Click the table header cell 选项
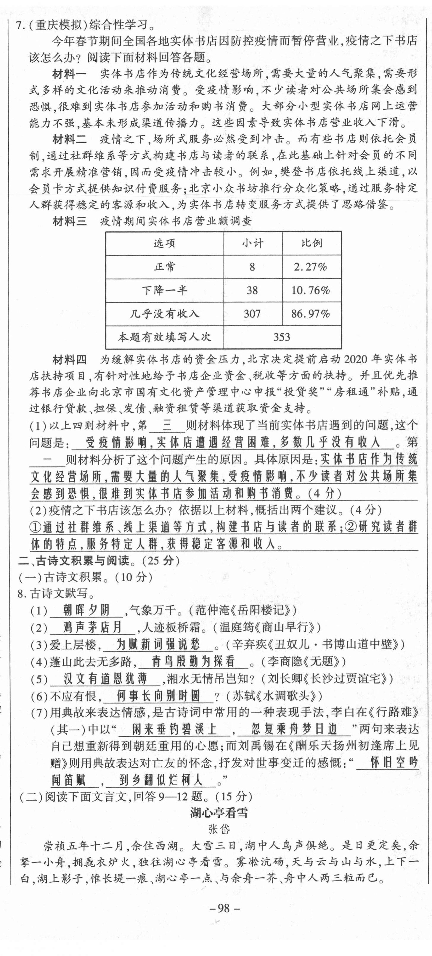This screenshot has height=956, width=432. [x=164, y=244]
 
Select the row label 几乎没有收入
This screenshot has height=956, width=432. [x=164, y=314]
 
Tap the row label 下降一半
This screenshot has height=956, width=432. [x=164, y=290]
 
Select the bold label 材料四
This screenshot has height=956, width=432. [x=69, y=360]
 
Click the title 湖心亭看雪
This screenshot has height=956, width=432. [x=219, y=813]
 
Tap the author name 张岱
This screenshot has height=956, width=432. [x=219, y=829]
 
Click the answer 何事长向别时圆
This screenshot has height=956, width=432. [x=158, y=695]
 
